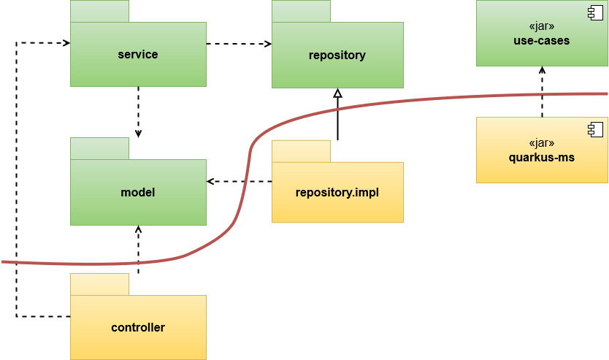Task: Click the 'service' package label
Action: (x=138, y=55)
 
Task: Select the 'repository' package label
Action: (x=337, y=55)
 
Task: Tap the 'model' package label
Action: (x=138, y=193)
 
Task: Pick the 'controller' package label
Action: (x=138, y=328)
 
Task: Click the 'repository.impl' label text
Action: (x=337, y=193)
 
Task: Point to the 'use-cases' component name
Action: (x=541, y=41)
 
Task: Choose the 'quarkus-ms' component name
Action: (x=541, y=157)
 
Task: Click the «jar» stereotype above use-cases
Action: (x=541, y=28)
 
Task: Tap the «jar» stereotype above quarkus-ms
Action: (x=541, y=143)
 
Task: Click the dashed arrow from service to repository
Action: (x=239, y=44)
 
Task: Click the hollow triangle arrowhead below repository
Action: (x=337, y=93)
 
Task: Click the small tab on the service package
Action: (x=99, y=11)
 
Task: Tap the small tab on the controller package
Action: (x=99, y=284)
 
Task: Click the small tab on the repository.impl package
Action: (x=301, y=151)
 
